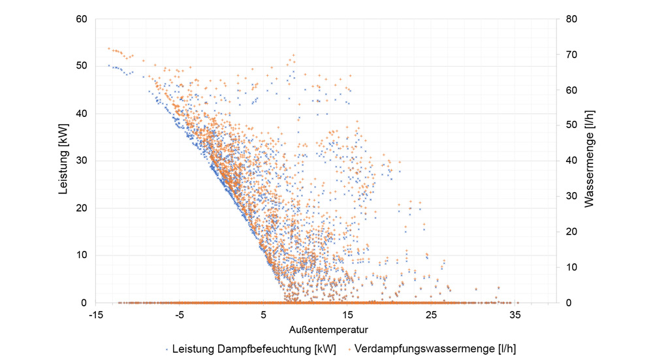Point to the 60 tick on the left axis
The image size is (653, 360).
pos(82,19)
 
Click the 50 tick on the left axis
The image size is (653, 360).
pos(82,66)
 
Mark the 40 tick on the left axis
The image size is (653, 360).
pos(82,114)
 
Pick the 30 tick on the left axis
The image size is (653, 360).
pos(82,161)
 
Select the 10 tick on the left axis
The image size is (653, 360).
pos(82,255)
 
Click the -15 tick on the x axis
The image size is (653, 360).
pos(96,315)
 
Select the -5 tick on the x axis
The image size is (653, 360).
pos(180,315)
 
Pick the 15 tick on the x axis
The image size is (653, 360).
pos(347,315)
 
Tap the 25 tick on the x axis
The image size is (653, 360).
pos(431,315)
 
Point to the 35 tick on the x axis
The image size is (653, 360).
pos(515,315)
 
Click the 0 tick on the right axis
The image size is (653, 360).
pos(567,303)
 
